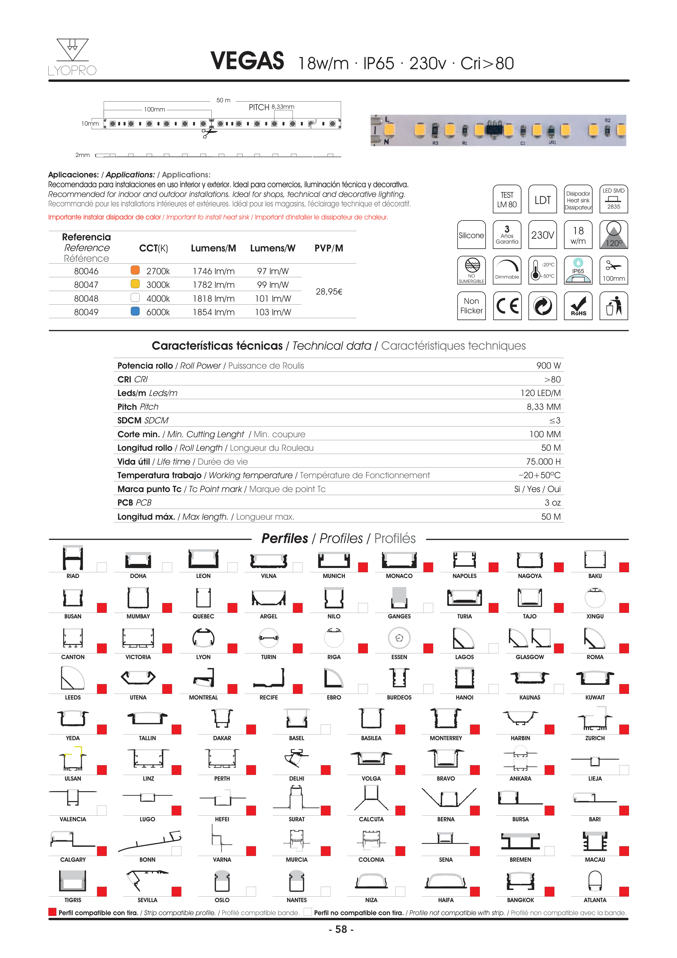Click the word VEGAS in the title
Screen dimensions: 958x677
tap(247, 61)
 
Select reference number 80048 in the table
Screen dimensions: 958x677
tap(86, 299)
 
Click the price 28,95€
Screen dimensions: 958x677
tap(329, 292)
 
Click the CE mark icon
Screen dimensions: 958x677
tap(507, 306)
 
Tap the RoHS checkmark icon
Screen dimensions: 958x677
tap(578, 306)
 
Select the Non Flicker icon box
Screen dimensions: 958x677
tap(471, 306)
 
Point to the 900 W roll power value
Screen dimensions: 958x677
tap(548, 366)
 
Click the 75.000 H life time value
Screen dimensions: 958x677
tap(543, 461)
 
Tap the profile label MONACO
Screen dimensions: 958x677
tap(399, 576)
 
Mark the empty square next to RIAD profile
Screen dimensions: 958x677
tap(102, 567)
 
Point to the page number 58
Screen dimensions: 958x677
tap(341, 929)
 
